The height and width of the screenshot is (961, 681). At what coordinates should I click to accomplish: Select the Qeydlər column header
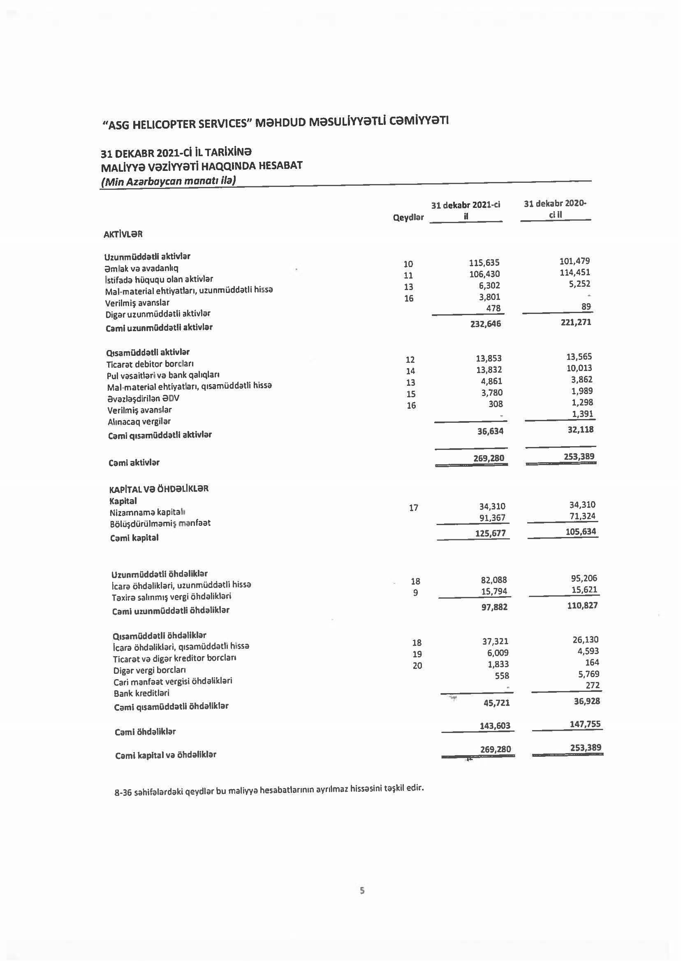tap(408, 217)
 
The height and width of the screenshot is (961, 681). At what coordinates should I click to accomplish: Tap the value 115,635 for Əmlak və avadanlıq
tap(484, 263)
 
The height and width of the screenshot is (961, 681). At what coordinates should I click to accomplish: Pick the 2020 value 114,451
tap(574, 272)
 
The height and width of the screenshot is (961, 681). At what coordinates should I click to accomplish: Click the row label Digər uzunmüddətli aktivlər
tap(158, 314)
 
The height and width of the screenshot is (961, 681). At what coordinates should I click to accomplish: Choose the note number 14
tap(410, 371)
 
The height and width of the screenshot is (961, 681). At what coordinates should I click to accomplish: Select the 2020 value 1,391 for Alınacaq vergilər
tap(582, 414)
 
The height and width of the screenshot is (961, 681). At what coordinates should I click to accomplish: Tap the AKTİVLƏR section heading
tap(123, 234)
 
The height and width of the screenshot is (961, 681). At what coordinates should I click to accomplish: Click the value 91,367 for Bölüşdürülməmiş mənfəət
tap(492, 518)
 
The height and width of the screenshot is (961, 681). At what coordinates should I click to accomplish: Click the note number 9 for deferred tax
tap(415, 593)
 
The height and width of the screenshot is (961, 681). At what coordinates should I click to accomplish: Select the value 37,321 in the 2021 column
tap(495, 641)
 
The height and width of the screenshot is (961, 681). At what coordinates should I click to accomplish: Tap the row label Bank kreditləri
tap(141, 693)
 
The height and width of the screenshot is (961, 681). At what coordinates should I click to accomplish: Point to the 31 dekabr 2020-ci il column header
tap(555, 209)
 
